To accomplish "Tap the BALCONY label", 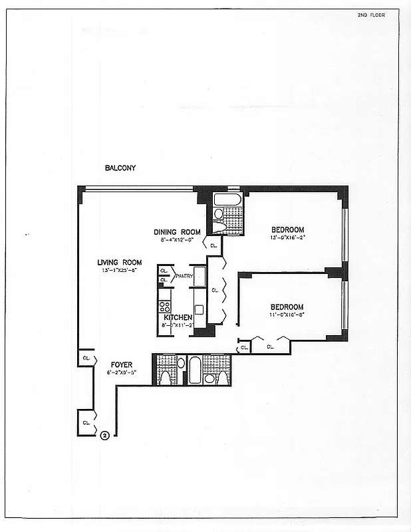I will click(120, 168).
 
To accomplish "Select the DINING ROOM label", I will click(177, 232).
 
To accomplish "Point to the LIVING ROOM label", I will click(119, 262).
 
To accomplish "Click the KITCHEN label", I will click(178, 317).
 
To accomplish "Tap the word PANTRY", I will click(184, 275).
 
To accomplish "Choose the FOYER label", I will click(121, 364).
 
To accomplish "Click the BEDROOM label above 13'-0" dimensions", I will click(287, 230).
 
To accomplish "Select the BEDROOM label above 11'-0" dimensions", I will click(287, 307).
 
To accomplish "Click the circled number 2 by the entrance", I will click(104, 436).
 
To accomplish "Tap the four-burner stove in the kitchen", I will click(164, 307).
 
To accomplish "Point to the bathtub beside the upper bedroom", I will click(227, 199).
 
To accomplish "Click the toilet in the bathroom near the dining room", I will click(219, 226).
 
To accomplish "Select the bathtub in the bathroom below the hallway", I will click(195, 370).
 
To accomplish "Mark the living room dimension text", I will click(119, 270).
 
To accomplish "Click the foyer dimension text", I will click(121, 372).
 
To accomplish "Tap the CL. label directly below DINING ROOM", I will click(213, 245).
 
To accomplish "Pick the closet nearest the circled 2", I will click(86, 422).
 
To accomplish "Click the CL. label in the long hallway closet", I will click(215, 290).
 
